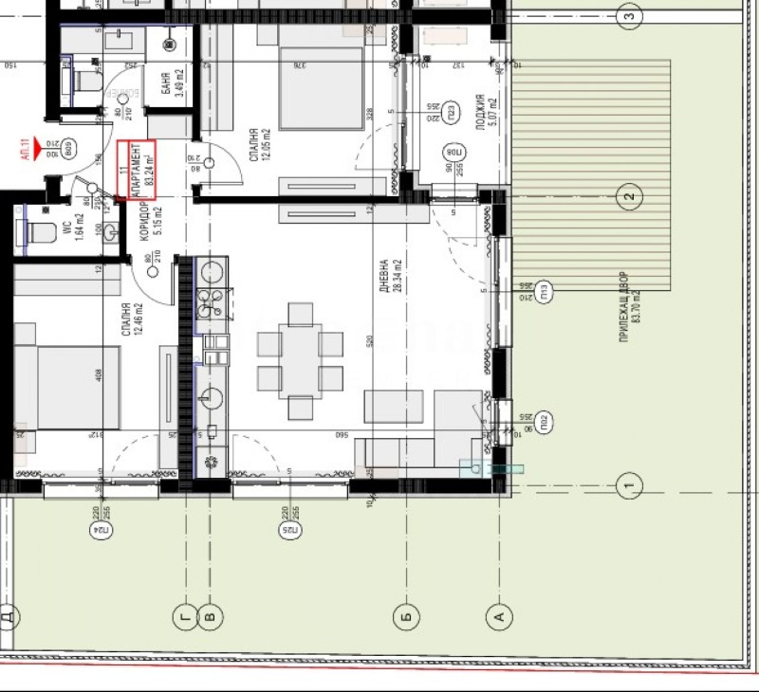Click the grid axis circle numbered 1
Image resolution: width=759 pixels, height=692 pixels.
tap(628, 487)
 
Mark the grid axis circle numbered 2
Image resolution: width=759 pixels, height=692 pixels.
tap(628, 197)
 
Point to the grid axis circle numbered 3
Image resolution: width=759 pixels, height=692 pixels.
tap(628, 15)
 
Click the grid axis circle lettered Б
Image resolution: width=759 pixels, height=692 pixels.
tap(405, 617)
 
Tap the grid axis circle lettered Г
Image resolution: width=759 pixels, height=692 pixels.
tap(183, 617)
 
